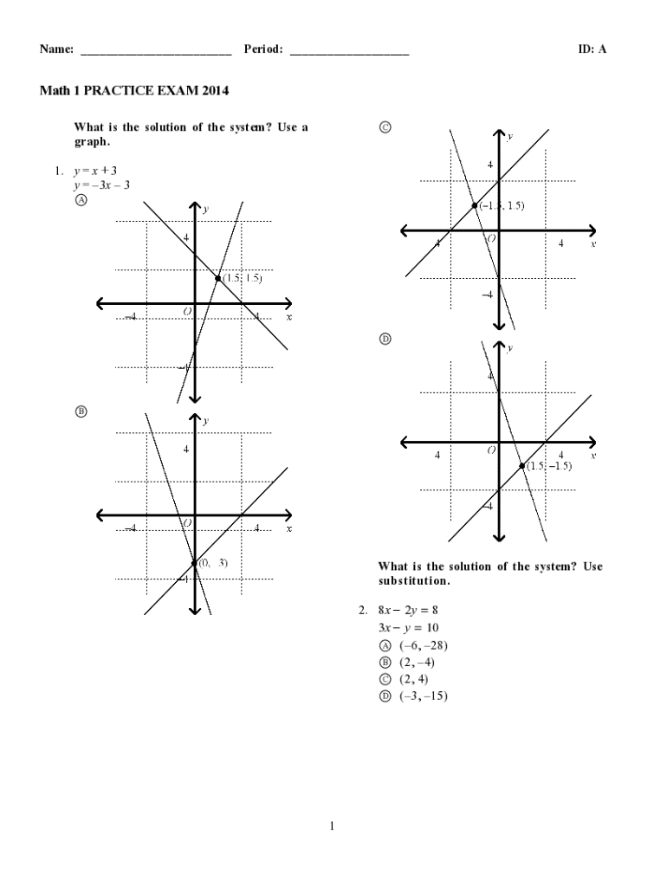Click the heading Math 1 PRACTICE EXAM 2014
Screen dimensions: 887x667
point(133,90)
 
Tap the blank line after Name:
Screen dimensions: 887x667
point(156,51)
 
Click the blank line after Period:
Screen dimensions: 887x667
point(349,51)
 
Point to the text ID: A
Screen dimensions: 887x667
point(593,49)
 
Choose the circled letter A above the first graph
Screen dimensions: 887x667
point(81,199)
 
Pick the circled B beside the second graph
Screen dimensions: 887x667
point(81,411)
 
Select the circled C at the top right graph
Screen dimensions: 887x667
point(385,127)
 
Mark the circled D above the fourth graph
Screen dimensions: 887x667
point(385,339)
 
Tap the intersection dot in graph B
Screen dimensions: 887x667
point(194,563)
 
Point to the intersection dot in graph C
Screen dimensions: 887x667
point(475,205)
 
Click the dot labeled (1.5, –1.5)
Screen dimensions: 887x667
point(522,466)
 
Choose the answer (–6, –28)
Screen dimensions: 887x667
point(424,645)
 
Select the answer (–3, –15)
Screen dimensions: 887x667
point(424,696)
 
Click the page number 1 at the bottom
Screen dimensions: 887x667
point(332,825)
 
